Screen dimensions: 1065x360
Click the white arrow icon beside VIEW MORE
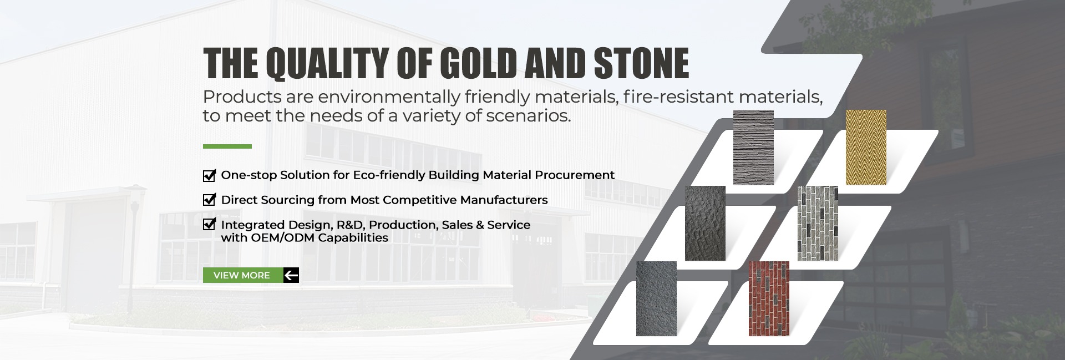291,275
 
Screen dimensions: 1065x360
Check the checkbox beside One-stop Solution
209,175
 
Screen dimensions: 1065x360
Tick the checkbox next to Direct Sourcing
209,200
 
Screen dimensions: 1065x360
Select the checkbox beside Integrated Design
209,224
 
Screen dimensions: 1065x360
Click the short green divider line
227,146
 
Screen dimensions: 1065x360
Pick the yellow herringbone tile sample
866,147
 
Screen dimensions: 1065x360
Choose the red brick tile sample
769,298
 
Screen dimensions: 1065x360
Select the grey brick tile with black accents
818,223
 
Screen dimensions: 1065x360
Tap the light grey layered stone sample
753,147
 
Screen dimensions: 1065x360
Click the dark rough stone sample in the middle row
705,223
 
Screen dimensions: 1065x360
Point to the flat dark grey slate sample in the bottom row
656,298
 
